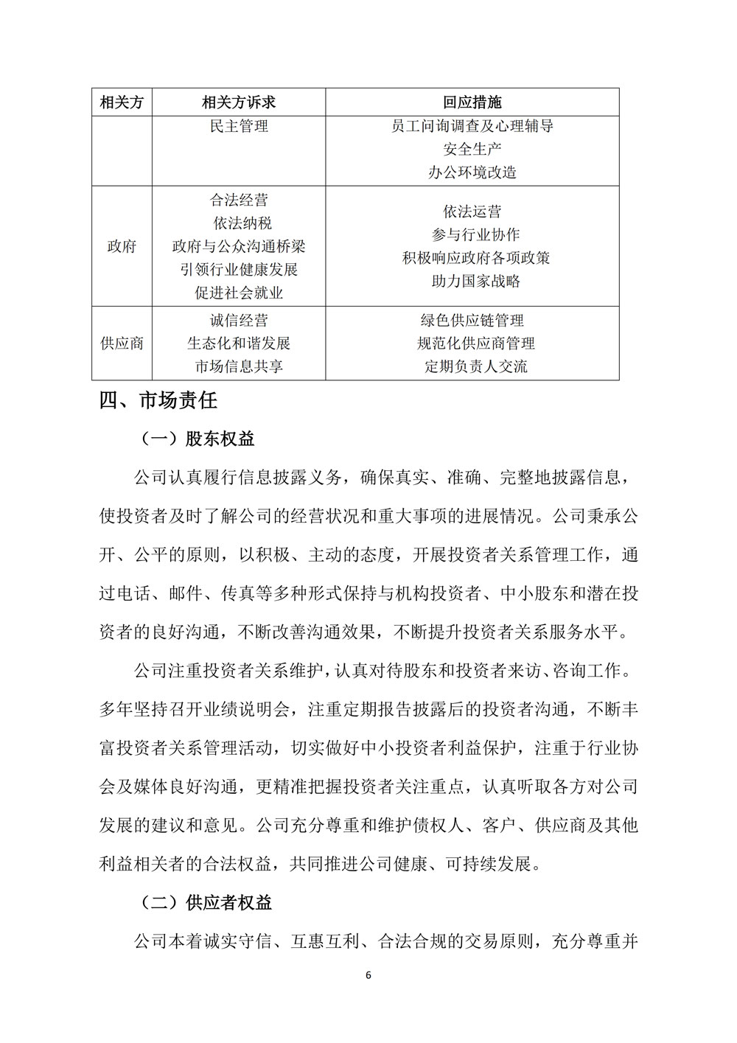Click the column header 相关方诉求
pos(238,102)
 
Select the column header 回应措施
pos(472,102)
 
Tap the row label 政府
pos(122,246)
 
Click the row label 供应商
pos(122,343)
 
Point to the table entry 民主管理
pos(238,126)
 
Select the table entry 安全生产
pos(472,150)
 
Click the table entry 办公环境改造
pos(472,172)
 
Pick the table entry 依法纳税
pos(238,223)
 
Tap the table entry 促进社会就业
pos(238,293)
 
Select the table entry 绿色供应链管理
pos(472,321)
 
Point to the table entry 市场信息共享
pos(238,366)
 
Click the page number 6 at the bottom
pos(368,975)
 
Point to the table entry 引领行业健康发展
pos(238,270)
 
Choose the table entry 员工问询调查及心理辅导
pos(472,126)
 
